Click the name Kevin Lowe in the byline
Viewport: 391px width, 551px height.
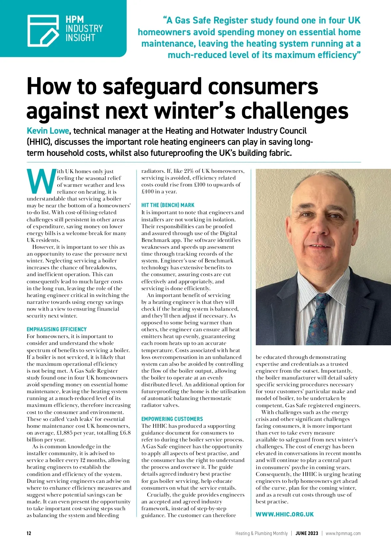click(48, 131)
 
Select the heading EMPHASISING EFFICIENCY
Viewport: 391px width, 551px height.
click(57, 329)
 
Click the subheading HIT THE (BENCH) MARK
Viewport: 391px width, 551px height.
click(168, 205)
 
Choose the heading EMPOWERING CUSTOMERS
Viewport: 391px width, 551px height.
click(172, 419)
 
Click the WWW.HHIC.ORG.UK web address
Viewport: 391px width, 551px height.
click(284, 514)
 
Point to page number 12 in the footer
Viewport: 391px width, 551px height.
click(29, 533)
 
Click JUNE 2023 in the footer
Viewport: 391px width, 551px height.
click(307, 533)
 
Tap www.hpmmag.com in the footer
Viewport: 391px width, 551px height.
click(343, 533)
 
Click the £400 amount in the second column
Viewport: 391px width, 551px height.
click(148, 192)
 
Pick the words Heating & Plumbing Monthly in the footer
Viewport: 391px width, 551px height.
click(261, 533)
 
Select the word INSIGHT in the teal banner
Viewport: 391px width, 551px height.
click(80, 38)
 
